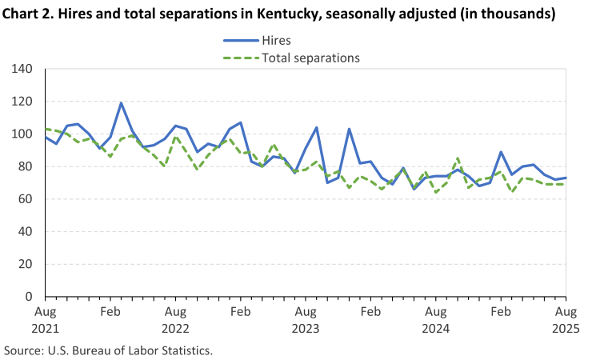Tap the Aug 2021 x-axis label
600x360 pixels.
(45, 318)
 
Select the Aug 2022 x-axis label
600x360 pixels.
(175, 318)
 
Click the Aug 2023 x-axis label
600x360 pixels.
(306, 318)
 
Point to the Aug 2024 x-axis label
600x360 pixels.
(436, 318)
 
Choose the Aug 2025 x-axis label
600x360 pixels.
(566, 318)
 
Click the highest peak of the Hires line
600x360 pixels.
(121, 102)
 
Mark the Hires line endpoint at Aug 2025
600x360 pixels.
(566, 178)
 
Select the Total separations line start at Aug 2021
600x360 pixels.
(46, 129)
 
